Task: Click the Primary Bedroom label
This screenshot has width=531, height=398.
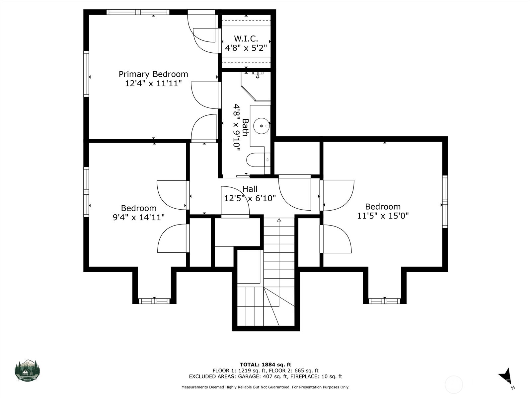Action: click(153, 74)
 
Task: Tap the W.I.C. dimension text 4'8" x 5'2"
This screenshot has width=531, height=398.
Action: click(246, 48)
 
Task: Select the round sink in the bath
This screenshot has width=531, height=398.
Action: click(262, 126)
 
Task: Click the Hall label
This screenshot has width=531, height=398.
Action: click(250, 189)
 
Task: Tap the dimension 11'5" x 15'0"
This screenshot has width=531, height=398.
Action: click(383, 216)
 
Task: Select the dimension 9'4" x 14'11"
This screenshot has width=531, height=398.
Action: click(139, 218)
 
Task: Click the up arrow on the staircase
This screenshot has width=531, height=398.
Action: click(279, 220)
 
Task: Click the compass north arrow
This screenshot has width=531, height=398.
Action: click(505, 377)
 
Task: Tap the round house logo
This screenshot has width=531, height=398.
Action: click(27, 370)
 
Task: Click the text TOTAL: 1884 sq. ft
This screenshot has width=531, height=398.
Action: click(265, 365)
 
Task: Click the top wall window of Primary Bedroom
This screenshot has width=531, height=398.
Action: click(138, 12)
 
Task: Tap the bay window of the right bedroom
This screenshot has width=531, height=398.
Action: click(384, 301)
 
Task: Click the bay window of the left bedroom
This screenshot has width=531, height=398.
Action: click(154, 301)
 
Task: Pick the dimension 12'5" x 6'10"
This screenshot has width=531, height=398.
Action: click(250, 198)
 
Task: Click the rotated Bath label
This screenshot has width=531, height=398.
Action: click(245, 127)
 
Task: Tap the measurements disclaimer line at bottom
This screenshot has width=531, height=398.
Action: click(265, 387)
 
